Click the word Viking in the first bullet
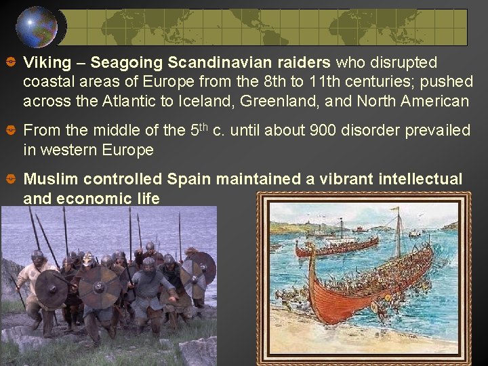(x=47, y=63)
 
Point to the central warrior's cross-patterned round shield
(x=100, y=287)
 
